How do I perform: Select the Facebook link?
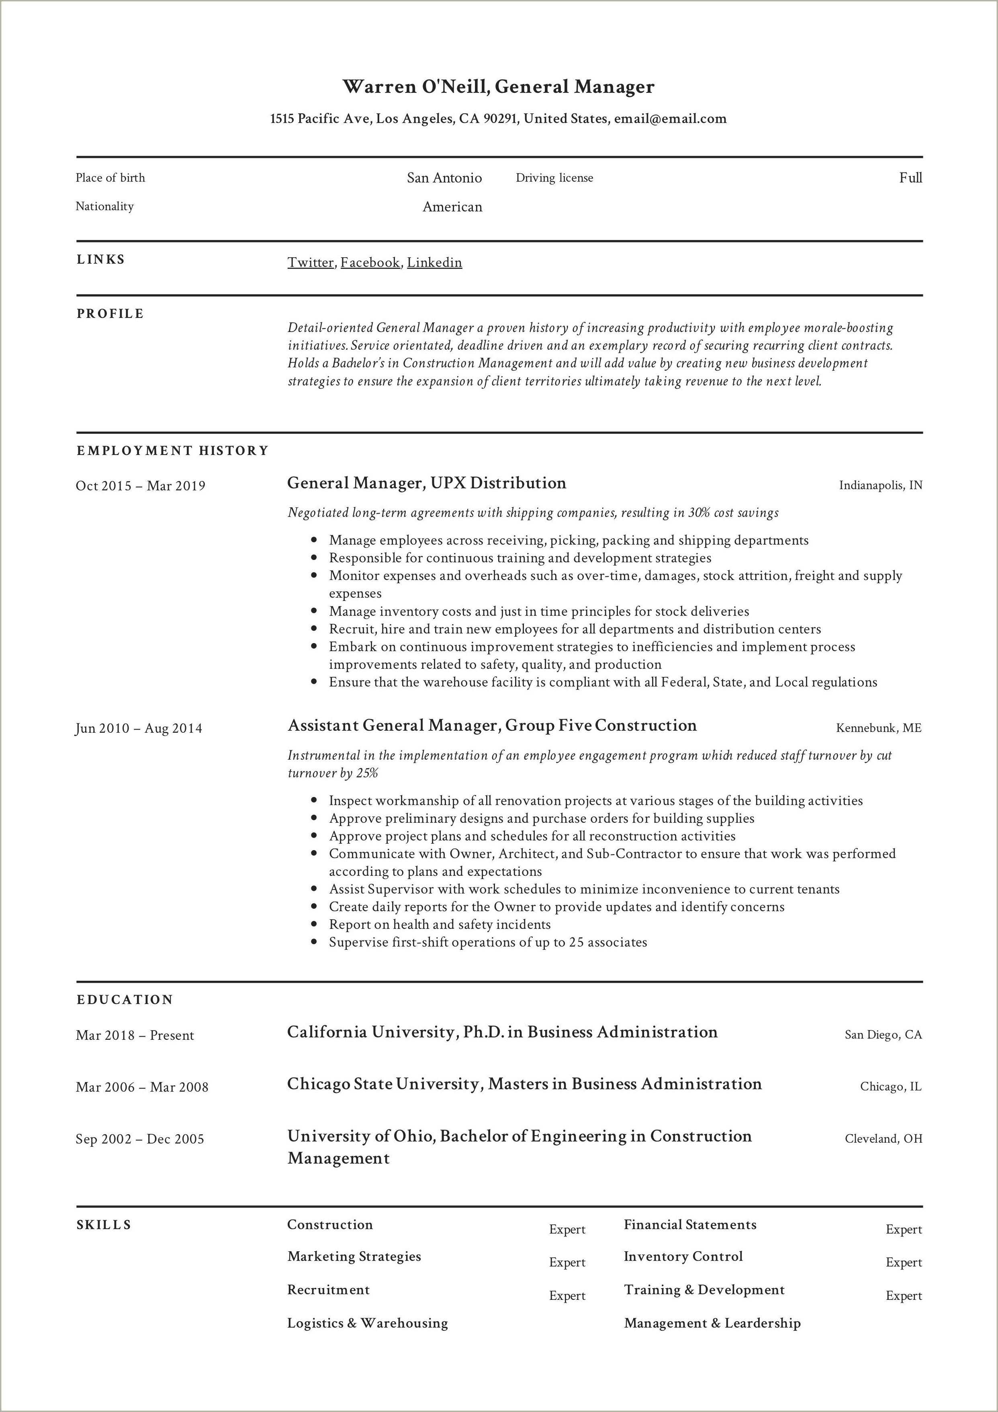pos(370,262)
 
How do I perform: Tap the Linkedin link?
pos(434,262)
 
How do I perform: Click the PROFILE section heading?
pos(110,314)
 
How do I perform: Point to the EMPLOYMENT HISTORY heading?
pos(173,451)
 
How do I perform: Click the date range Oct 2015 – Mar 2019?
pos(140,486)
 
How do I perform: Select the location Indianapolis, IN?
pos(881,485)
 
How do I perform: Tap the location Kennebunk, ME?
pos(879,728)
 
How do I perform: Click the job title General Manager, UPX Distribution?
pos(426,483)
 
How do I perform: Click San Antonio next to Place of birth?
pos(444,178)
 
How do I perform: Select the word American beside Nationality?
pos(452,207)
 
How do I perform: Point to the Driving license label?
pos(554,178)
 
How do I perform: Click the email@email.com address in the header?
pos(670,119)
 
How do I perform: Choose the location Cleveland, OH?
pos(883,1139)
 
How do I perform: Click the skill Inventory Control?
pos(683,1256)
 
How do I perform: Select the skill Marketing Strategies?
pos(354,1256)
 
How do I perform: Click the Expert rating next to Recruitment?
pos(567,1296)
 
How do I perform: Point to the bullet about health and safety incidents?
pos(440,924)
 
